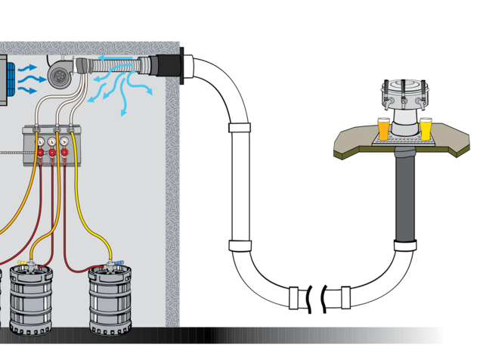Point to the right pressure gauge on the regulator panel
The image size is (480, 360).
coord(66,141)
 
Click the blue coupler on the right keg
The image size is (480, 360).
coord(119,265)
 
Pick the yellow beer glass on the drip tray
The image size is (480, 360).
coord(426,128)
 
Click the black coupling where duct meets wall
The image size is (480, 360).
coord(164,66)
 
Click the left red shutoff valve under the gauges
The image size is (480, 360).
coord(40,154)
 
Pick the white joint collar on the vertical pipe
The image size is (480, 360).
coord(240,129)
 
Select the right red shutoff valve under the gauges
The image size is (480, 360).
coord(66,154)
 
